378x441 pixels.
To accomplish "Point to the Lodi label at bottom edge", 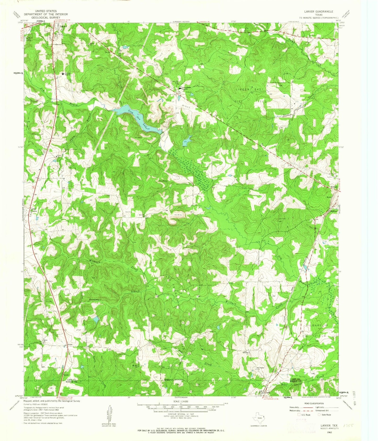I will click(268, 393).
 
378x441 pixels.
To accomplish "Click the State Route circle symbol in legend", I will click(319, 415).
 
